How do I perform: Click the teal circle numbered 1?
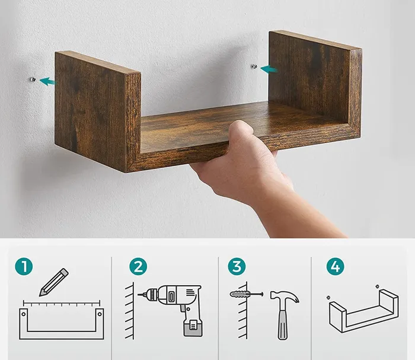[x=24, y=266]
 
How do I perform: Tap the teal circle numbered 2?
[x=138, y=266]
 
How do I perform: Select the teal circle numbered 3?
[x=237, y=266]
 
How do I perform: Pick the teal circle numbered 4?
[x=336, y=266]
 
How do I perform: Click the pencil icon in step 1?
[x=54, y=282]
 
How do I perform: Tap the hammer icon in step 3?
[x=284, y=315]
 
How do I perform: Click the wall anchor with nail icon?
[x=247, y=294]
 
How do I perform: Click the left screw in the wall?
[x=33, y=79]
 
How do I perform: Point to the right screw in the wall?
[x=254, y=66]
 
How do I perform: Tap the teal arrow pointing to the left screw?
[x=47, y=81]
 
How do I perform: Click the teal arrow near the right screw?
[x=269, y=69]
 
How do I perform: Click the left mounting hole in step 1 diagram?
[x=24, y=314]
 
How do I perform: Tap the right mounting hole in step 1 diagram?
[x=100, y=314]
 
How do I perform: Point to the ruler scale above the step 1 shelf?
[x=62, y=303]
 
